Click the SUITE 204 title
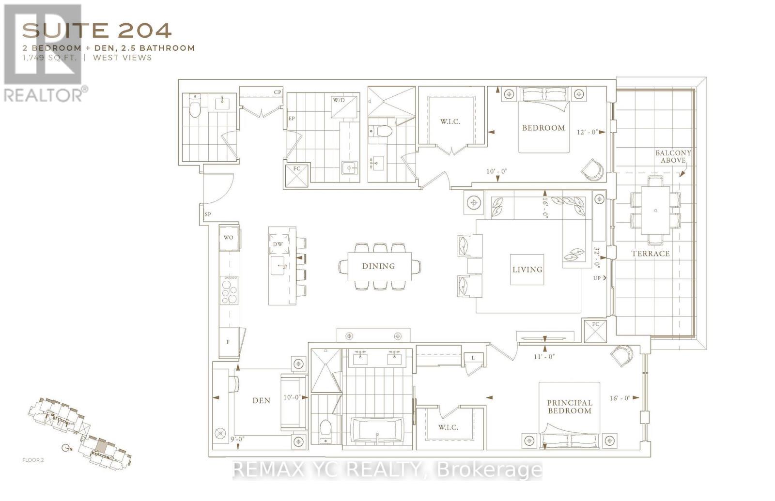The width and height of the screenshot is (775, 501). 97,30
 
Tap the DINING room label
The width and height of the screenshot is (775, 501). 378,266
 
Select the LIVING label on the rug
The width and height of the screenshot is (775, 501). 527,270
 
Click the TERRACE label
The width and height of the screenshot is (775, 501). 650,253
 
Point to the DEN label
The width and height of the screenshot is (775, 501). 261,400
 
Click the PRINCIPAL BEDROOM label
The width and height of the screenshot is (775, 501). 569,407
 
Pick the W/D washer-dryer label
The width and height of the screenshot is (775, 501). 338,100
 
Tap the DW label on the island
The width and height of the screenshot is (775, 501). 278,244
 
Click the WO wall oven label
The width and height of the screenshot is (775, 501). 228,237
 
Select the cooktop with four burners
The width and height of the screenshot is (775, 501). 229,290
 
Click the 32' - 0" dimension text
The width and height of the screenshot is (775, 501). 597,258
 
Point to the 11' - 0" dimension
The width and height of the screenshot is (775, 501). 544,356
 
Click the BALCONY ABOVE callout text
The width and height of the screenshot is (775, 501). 673,156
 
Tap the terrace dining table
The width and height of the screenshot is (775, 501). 655,211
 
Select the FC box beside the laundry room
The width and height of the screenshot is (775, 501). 296,175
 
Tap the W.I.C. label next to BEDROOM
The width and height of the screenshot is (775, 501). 450,121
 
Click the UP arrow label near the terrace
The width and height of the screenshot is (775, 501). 599,278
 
